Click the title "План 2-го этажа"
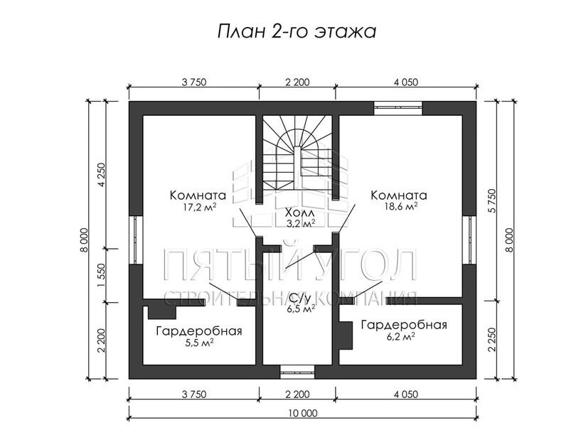pos(297,32)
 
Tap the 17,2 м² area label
pos(199,207)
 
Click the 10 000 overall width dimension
pos(302,413)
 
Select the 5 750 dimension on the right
pos(491,200)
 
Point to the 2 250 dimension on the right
pos(491,340)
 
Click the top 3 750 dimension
pos(194,82)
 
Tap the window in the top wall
pos(398,108)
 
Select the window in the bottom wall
pos(297,372)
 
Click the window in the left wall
pos(136,240)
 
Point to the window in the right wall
pos(469,240)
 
